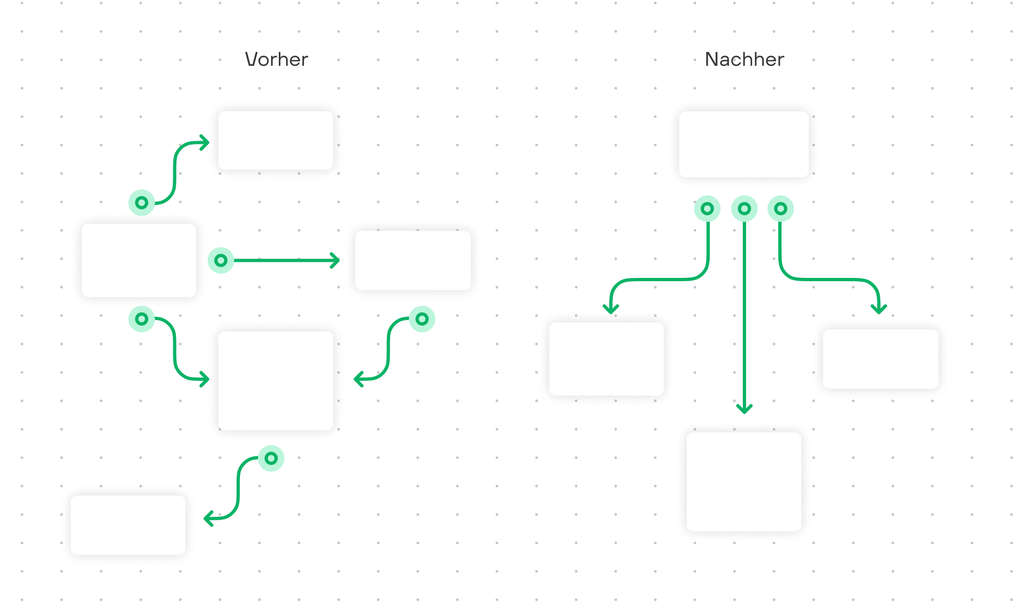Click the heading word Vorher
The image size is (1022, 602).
[x=277, y=59]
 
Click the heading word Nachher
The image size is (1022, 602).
[x=744, y=59]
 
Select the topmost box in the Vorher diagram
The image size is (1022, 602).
[x=276, y=140]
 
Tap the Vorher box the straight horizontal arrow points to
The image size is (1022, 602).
[x=413, y=260]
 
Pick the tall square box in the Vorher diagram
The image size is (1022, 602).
[x=276, y=381]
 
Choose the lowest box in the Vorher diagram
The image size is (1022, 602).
[x=128, y=525]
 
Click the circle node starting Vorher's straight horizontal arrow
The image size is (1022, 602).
[x=221, y=260]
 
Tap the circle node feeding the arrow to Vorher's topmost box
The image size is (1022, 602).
[x=142, y=202]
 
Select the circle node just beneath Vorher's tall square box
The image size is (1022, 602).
[x=271, y=458]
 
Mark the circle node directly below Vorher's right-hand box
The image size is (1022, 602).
[x=422, y=319]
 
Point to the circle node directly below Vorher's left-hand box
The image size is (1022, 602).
[x=142, y=319]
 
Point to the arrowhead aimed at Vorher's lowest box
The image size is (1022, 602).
[x=208, y=518]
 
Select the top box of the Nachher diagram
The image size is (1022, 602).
[x=744, y=144]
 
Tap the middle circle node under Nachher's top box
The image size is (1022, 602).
[x=744, y=209]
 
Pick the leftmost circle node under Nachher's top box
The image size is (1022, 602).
[x=707, y=209]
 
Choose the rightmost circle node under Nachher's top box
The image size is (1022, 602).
[x=781, y=209]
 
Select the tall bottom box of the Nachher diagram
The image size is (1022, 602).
[x=744, y=482]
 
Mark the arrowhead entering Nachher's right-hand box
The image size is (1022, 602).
[x=878, y=309]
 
